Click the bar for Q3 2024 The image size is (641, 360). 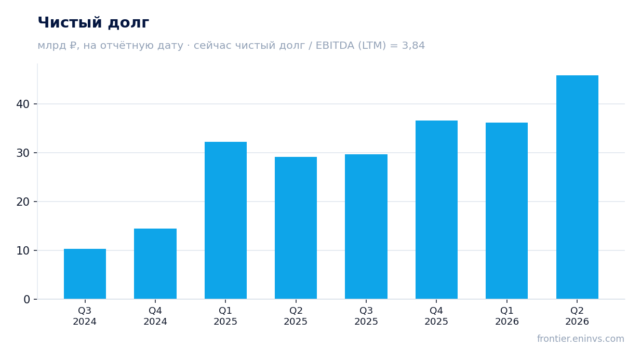(x=85, y=274)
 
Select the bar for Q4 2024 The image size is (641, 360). (x=155, y=264)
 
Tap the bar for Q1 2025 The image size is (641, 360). (x=225, y=220)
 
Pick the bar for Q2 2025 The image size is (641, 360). (x=296, y=228)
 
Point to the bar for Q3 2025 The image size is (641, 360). (x=366, y=226)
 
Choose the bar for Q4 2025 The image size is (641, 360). (x=436, y=210)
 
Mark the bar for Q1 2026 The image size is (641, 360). (x=506, y=211)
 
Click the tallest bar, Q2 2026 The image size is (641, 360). (x=577, y=187)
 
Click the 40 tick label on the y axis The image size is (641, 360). (x=23, y=104)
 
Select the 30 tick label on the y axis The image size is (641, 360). (x=23, y=153)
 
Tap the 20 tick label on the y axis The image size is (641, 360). (x=23, y=202)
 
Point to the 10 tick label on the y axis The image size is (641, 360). (x=23, y=251)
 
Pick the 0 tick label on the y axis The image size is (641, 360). (x=26, y=300)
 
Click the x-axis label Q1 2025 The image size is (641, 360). (x=225, y=316)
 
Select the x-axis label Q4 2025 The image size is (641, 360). (x=436, y=316)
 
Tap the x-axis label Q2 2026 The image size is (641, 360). (x=577, y=316)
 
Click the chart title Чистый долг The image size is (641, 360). (x=94, y=23)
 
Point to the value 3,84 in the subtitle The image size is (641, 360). (x=413, y=46)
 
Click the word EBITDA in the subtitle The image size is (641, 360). (x=335, y=46)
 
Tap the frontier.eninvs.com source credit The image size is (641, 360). (x=581, y=339)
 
